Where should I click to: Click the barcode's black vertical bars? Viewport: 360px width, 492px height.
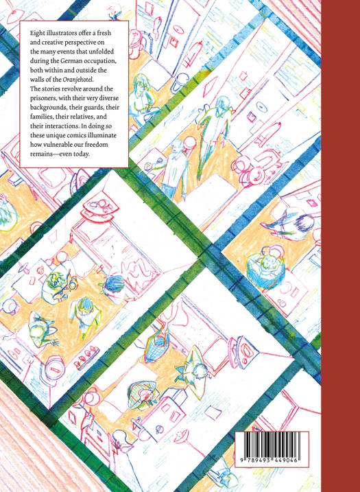(x=272, y=446)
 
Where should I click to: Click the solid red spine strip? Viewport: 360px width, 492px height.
(x=340, y=246)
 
